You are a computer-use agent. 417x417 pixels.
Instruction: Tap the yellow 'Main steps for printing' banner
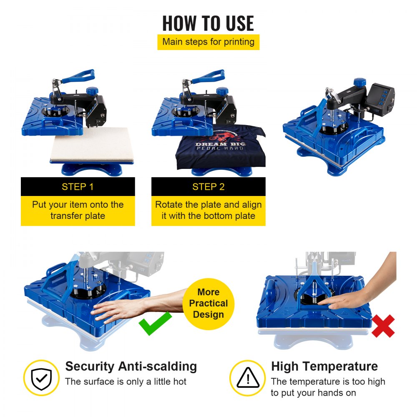[x=208, y=42]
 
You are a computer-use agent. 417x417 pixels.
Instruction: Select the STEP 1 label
[x=78, y=187]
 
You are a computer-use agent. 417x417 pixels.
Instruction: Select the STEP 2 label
[x=208, y=187]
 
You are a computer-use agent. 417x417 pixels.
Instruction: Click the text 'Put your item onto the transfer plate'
[x=78, y=210]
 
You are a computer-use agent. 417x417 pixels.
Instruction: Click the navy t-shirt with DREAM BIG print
[x=220, y=148]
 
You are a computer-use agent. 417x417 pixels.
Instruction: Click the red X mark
[x=383, y=326]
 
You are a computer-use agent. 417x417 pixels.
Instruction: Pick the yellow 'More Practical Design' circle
[x=208, y=304]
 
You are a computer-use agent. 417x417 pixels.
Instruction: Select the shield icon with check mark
[x=41, y=378]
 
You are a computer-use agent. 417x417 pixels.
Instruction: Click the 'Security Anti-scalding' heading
[x=131, y=367]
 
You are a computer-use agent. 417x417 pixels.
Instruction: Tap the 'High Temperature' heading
[x=324, y=367]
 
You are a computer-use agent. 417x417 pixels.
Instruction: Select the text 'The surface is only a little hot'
[x=126, y=382]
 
